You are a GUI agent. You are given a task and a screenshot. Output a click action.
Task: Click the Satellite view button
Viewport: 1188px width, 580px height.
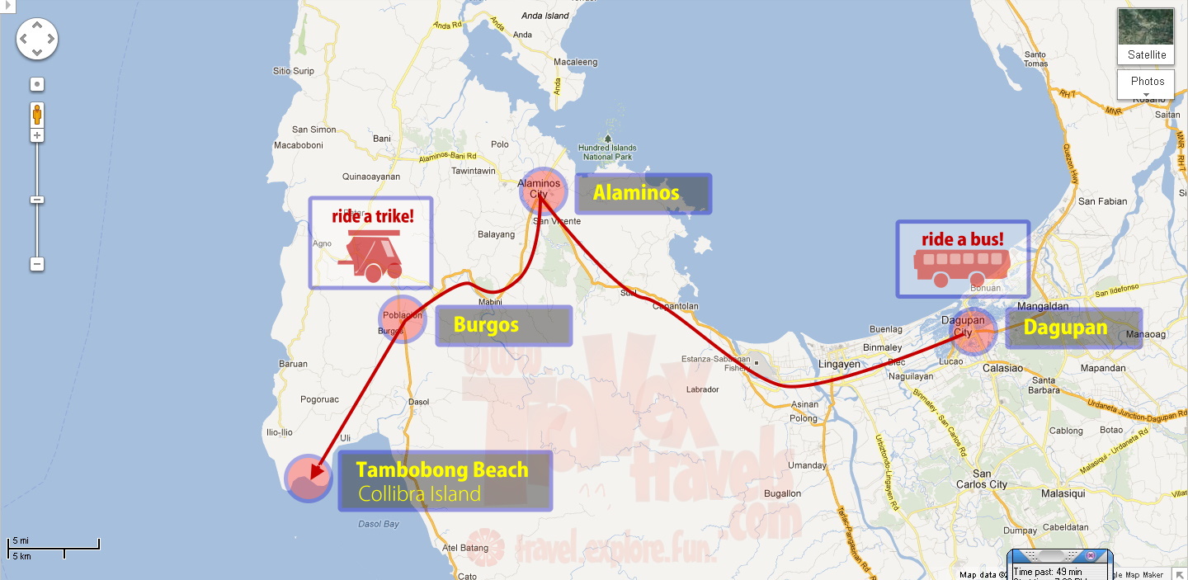click(1146, 37)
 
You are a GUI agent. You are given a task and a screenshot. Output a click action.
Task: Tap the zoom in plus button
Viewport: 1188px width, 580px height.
click(37, 134)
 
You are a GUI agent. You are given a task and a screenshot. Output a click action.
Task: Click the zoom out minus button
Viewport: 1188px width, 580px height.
click(37, 264)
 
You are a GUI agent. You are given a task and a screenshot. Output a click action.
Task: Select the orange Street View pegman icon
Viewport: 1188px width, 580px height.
click(37, 114)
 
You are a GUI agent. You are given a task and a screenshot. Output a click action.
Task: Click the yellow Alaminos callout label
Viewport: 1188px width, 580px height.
click(636, 193)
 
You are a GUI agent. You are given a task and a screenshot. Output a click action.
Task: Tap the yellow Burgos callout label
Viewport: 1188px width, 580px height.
click(486, 325)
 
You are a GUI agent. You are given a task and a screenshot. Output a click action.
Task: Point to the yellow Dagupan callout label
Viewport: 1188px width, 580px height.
click(1065, 327)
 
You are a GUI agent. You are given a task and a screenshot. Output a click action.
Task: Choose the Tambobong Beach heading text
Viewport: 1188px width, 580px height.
click(441, 470)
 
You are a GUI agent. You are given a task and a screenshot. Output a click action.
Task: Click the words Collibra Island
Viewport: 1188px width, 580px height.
click(419, 494)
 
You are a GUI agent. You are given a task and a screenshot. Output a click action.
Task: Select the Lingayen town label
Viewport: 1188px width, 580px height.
click(839, 364)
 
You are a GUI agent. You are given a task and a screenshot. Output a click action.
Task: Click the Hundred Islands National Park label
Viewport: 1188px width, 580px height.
click(607, 151)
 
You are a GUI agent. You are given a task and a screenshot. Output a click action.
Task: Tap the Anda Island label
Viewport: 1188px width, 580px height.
click(545, 16)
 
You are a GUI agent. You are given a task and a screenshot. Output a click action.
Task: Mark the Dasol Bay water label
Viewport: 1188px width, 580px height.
click(379, 524)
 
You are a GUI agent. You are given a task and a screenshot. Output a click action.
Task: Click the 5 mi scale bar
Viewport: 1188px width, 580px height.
click(53, 545)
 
